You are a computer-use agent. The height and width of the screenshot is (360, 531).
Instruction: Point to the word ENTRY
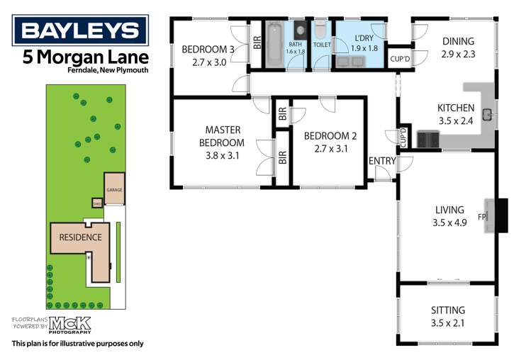click(382, 161)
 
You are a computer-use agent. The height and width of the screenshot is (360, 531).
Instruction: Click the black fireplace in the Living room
click(501, 215)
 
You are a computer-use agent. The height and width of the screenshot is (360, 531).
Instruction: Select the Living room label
click(449, 210)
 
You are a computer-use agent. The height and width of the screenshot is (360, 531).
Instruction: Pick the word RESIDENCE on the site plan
click(79, 237)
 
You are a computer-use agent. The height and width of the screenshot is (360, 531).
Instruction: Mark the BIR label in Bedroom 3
click(257, 43)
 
